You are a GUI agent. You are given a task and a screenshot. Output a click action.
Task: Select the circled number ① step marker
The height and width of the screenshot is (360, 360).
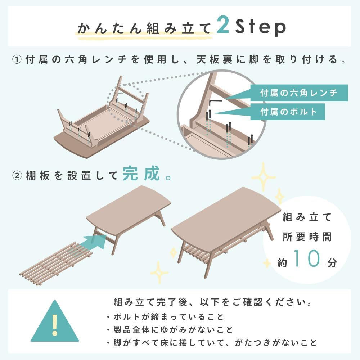pos(18,60)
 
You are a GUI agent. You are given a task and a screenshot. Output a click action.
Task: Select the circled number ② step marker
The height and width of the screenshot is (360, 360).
pos(18,176)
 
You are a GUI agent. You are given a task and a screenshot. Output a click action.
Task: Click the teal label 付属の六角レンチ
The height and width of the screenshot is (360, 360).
pos(298,93)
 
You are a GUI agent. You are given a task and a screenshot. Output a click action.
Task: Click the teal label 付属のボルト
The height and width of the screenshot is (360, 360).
pos(288,112)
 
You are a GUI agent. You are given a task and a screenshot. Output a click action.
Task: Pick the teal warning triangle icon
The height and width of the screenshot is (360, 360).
pos(54,323)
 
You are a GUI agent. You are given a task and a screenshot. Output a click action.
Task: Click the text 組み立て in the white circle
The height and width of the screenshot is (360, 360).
pos(307,217)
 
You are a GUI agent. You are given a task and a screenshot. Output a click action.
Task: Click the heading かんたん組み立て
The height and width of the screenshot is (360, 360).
pos(144,28)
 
